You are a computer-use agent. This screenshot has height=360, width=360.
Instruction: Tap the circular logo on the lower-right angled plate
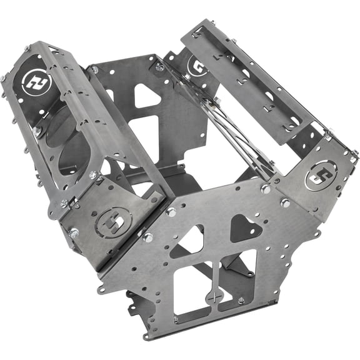pyautogui.click(x=319, y=177)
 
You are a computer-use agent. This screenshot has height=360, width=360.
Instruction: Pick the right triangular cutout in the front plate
pyautogui.click(x=246, y=227)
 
